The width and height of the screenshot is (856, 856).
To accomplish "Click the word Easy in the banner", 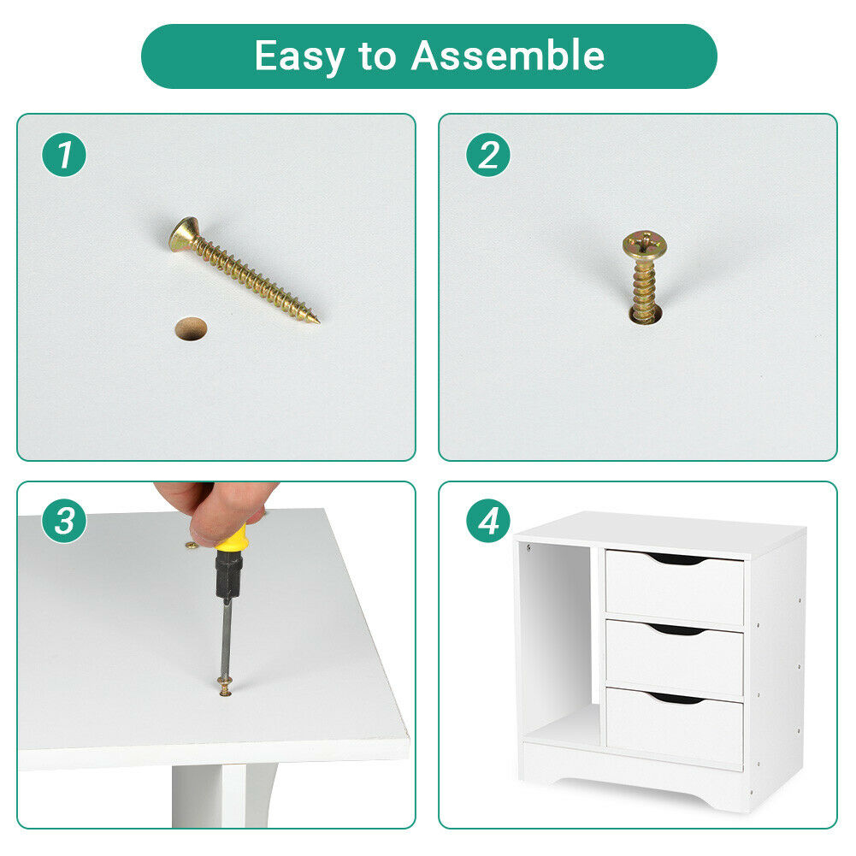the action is click(299, 56).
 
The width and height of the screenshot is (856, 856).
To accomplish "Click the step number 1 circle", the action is click(64, 155).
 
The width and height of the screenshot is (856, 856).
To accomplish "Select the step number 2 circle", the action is click(488, 155).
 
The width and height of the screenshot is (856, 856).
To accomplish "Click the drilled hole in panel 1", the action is click(191, 328).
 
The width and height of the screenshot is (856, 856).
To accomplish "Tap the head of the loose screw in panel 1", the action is click(183, 235).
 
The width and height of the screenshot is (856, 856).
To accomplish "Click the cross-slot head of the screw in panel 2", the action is click(645, 244).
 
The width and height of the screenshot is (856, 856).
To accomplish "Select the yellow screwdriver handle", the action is click(232, 538).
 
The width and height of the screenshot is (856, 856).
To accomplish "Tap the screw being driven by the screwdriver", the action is click(225, 686).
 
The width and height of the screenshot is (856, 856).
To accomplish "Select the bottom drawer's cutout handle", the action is click(676, 698).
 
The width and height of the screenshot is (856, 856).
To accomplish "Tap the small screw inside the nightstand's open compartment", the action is click(528, 547).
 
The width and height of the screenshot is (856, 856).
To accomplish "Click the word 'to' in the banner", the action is click(377, 56).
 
